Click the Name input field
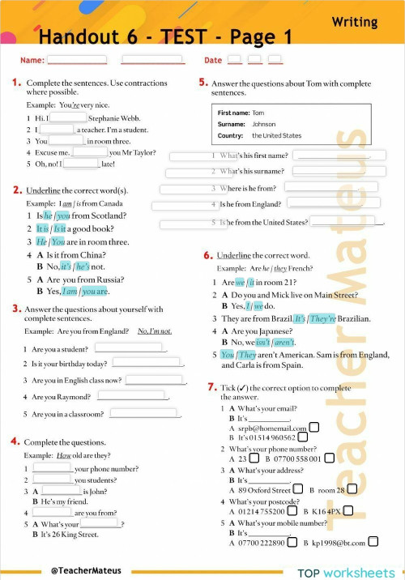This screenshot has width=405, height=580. click(x=77, y=59)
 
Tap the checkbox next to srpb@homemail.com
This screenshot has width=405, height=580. click(x=314, y=428)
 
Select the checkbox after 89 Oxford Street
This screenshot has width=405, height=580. click(x=298, y=490)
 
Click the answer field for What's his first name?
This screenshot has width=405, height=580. click(x=329, y=155)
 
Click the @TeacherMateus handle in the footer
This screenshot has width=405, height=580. click(x=81, y=570)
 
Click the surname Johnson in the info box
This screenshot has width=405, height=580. click(x=264, y=125)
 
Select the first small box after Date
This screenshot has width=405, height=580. click(x=234, y=59)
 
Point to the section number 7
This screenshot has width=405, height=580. click(x=212, y=387)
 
